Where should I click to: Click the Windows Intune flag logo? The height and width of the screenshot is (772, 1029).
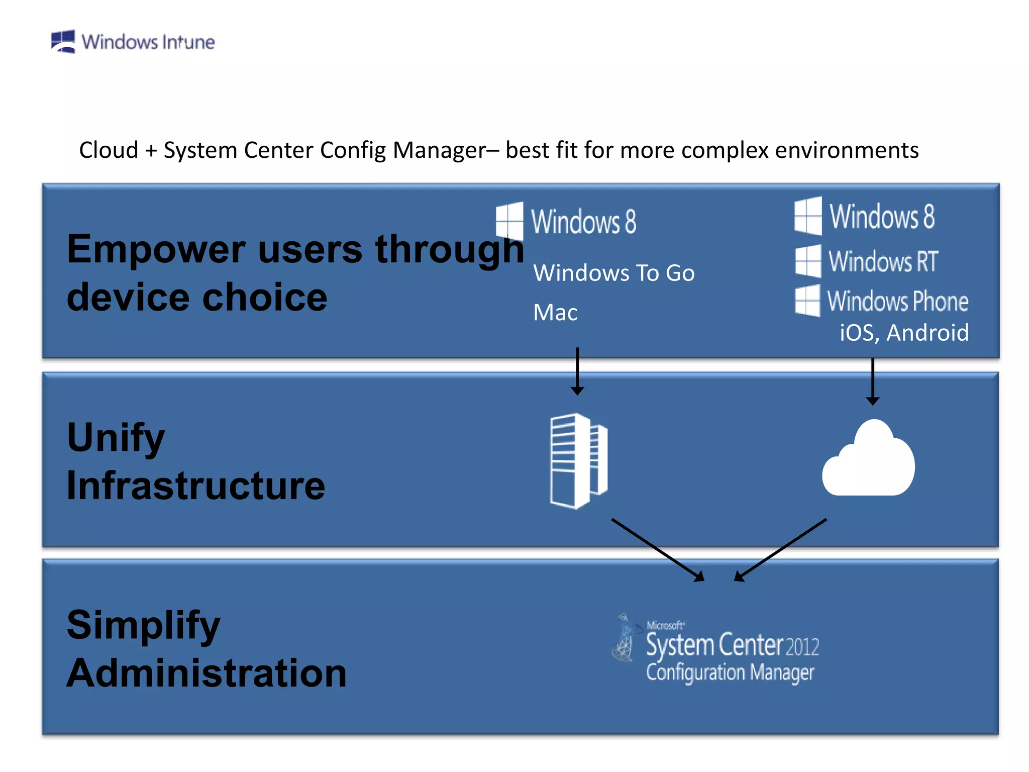click(63, 41)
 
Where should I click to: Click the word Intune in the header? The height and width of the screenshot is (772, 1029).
click(188, 42)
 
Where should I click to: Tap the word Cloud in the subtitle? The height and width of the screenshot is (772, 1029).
click(109, 150)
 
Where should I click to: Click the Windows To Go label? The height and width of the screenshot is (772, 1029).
click(614, 273)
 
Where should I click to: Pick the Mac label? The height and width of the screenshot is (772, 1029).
click(555, 313)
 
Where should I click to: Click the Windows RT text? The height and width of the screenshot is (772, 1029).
click(883, 261)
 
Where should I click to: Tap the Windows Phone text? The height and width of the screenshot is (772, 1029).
click(897, 301)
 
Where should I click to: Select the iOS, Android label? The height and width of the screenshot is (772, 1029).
click(904, 333)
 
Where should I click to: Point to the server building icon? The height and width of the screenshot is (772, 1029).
click(578, 461)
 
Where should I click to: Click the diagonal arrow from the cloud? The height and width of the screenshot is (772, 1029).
click(781, 550)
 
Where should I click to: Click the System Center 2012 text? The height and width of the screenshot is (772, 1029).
click(732, 645)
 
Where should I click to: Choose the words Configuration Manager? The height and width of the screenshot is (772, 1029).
click(730, 672)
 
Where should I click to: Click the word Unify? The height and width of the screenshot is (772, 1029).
click(116, 437)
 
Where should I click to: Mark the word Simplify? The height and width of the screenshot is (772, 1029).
click(143, 625)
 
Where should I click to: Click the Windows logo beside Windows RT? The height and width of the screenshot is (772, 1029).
click(808, 261)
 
